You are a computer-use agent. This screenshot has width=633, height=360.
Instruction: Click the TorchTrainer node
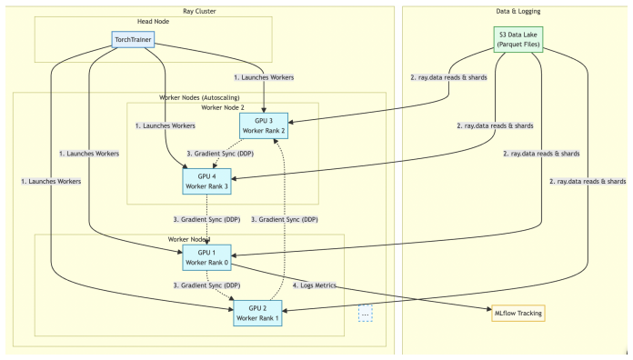coord(133,40)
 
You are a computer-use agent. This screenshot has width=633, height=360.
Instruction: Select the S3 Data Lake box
coord(517,40)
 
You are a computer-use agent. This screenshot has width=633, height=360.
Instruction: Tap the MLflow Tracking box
coord(517,314)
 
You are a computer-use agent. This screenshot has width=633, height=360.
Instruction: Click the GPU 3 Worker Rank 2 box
coord(264,125)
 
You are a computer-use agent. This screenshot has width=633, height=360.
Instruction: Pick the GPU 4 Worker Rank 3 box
coord(206,181)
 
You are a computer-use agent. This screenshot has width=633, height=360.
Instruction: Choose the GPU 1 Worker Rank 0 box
coord(206,257)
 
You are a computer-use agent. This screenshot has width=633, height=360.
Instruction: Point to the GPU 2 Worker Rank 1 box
coord(257,314)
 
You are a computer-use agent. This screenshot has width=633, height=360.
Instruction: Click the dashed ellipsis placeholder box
coord(366,314)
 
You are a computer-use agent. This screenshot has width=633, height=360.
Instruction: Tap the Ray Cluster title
coord(199,11)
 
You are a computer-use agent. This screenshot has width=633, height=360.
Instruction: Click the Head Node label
coord(153,22)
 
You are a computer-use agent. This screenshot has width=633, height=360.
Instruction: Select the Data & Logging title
coord(517,11)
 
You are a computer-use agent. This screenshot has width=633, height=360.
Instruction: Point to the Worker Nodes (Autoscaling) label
coord(199,97)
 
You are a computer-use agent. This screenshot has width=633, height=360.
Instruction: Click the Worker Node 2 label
coord(223,108)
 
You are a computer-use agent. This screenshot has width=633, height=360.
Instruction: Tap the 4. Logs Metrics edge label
coord(315,285)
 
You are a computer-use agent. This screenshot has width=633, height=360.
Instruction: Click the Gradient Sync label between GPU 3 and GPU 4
coord(220,154)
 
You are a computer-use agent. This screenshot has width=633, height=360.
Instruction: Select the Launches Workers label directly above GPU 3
coord(264,77)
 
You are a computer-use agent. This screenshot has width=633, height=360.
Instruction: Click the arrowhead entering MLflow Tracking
coord(489,310)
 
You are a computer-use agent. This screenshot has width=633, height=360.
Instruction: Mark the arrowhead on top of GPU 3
coord(264,111)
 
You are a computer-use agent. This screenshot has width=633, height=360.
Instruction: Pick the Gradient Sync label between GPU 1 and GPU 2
coord(206,285)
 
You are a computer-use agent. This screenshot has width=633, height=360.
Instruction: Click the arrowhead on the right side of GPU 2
coord(285,311)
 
